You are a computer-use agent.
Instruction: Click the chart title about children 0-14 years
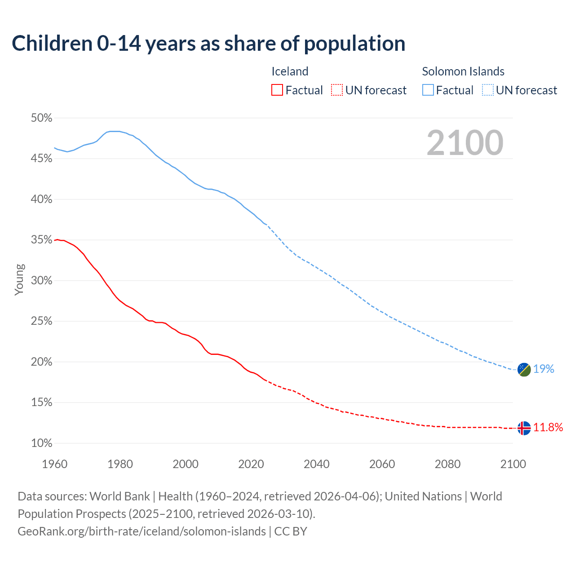[208, 44]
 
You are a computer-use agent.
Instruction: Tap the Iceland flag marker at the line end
[524, 428]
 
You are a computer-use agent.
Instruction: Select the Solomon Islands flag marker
[524, 369]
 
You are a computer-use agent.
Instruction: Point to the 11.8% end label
[548, 427]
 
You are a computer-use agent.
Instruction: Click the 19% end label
[544, 369]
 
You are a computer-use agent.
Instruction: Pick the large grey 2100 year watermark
[465, 143]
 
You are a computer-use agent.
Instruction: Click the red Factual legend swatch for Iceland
[277, 90]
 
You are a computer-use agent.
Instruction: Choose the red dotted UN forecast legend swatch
[337, 90]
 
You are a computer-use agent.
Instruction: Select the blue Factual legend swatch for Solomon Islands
[428, 90]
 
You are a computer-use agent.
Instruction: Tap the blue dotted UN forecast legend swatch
[488, 90]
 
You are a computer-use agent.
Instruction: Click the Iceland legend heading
[290, 71]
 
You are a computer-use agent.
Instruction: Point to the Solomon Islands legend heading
[463, 71]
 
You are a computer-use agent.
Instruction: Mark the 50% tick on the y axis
[41, 118]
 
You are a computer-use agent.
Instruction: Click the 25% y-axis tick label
[41, 322]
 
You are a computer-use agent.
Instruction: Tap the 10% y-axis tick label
[41, 443]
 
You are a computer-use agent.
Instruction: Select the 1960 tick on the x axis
[54, 464]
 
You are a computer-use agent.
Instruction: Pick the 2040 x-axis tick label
[317, 464]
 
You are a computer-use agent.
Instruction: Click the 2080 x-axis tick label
[447, 464]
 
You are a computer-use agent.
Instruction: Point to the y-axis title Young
[19, 279]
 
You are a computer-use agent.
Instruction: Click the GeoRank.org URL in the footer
[142, 531]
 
